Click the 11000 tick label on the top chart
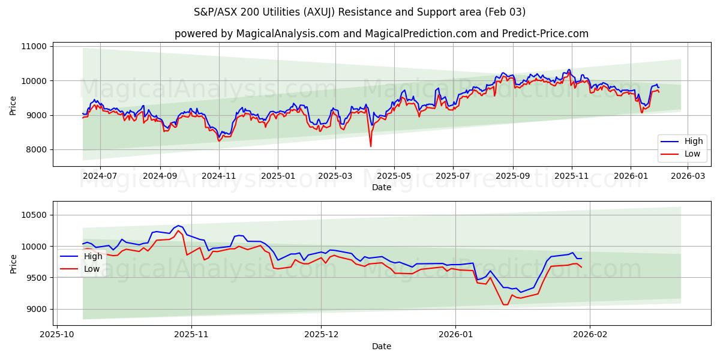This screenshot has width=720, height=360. [34, 46]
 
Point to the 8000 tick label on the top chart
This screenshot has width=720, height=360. [37, 149]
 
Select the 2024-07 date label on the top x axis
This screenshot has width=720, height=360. [100, 176]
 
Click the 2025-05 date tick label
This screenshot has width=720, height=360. [394, 176]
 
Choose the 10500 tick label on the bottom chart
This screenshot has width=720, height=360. [34, 215]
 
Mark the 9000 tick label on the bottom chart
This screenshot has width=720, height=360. [37, 309]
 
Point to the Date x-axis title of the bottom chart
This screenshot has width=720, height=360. [382, 347]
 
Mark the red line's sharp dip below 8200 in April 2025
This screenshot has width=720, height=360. [370, 146]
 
